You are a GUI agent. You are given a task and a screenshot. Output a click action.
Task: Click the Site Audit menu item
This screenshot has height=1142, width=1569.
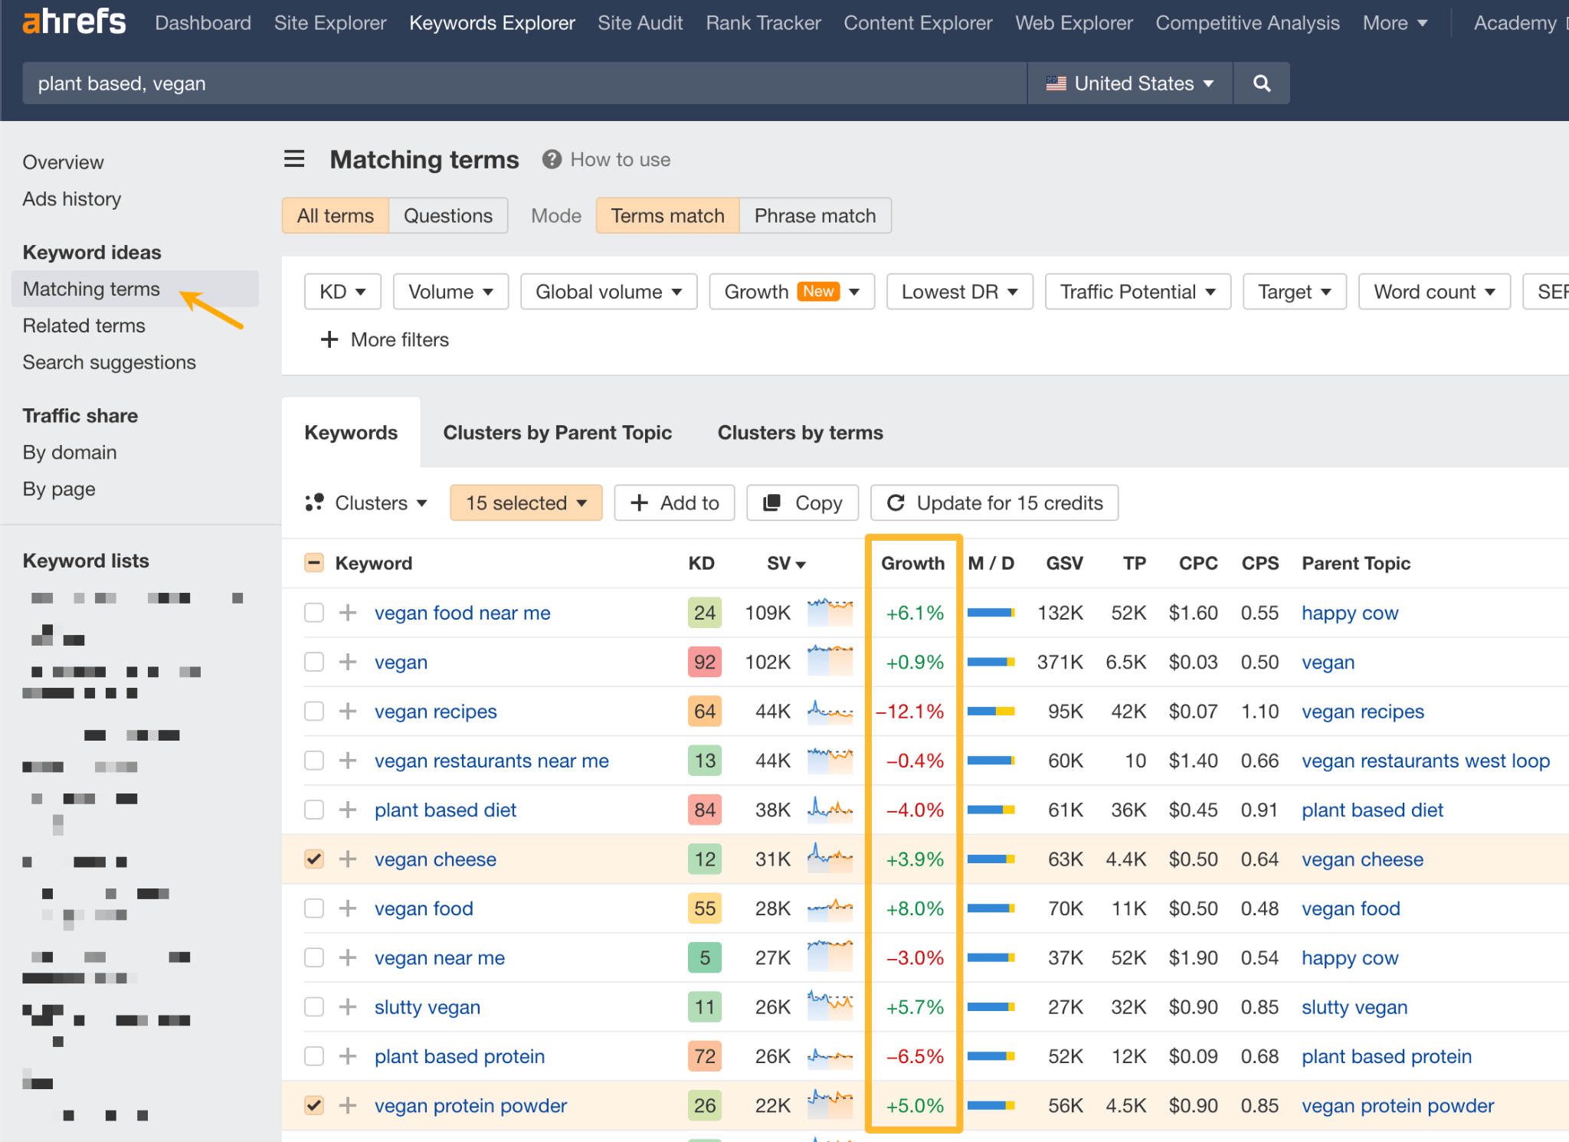click(x=640, y=23)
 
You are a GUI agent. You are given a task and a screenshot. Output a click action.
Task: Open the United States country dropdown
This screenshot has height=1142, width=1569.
click(x=1130, y=83)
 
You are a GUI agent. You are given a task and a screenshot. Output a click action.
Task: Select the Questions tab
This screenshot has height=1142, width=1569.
click(x=447, y=216)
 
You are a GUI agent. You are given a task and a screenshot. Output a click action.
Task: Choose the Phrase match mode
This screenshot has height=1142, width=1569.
click(x=814, y=216)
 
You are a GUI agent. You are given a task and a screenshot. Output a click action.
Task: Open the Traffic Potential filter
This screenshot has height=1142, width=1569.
click(x=1137, y=292)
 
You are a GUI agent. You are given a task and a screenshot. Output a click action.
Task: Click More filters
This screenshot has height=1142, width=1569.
click(x=385, y=339)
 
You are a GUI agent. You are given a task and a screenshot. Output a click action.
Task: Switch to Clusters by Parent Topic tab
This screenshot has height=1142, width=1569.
click(x=557, y=433)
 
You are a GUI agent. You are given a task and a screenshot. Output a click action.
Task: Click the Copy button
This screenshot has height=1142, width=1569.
click(x=802, y=503)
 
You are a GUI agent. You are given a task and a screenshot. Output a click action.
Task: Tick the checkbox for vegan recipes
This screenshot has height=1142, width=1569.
click(x=314, y=712)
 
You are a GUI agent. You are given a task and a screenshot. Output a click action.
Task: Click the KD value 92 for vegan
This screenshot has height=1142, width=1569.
click(x=704, y=663)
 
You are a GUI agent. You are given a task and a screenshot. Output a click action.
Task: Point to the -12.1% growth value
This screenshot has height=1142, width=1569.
click(x=910, y=712)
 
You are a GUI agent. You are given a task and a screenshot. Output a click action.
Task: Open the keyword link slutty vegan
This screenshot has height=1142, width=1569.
click(x=427, y=1007)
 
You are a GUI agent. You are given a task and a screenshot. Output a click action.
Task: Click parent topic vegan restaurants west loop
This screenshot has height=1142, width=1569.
click(x=1425, y=761)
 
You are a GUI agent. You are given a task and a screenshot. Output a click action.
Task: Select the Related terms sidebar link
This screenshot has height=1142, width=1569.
click(x=84, y=326)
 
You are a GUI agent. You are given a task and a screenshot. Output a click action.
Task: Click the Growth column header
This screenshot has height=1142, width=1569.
click(x=912, y=564)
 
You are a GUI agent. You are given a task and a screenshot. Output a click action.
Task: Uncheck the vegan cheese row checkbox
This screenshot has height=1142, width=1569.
click(x=314, y=859)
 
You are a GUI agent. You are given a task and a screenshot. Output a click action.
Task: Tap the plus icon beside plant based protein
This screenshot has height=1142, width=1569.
click(x=348, y=1057)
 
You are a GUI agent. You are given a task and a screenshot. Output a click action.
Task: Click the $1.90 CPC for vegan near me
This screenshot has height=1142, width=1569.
click(x=1193, y=958)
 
